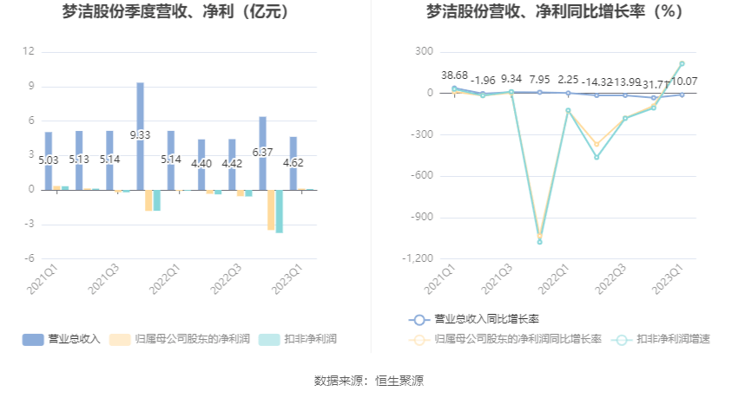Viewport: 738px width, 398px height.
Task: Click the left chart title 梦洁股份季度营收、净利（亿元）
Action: pos(175,12)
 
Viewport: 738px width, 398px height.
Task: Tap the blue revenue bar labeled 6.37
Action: pos(262,153)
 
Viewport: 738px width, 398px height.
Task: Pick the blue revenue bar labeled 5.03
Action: pos(49,160)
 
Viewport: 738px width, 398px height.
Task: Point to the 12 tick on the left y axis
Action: pos(29,52)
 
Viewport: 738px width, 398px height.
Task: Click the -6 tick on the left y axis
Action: pos(29,258)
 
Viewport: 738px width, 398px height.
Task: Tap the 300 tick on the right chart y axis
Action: pos(424,52)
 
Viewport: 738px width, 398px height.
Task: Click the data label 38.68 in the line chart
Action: pos(454,75)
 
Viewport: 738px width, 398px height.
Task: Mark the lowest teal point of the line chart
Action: pos(539,242)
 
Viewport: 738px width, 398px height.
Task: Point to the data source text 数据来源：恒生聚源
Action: pos(369,380)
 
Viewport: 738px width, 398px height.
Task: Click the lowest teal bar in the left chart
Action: pos(279,211)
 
